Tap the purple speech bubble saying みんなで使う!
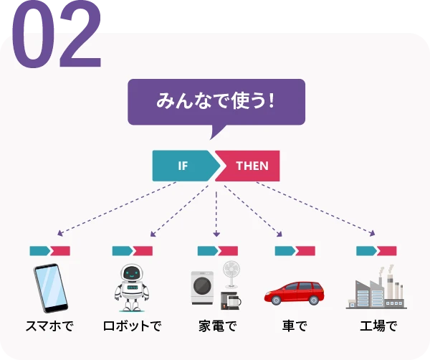point(216,101)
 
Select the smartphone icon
point(49,288)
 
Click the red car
point(295,293)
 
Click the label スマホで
point(49,326)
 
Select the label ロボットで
point(132,326)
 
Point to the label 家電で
point(217,326)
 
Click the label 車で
point(294,326)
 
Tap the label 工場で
point(378,326)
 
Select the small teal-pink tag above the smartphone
point(49,251)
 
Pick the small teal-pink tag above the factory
point(376,251)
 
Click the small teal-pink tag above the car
point(295,251)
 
